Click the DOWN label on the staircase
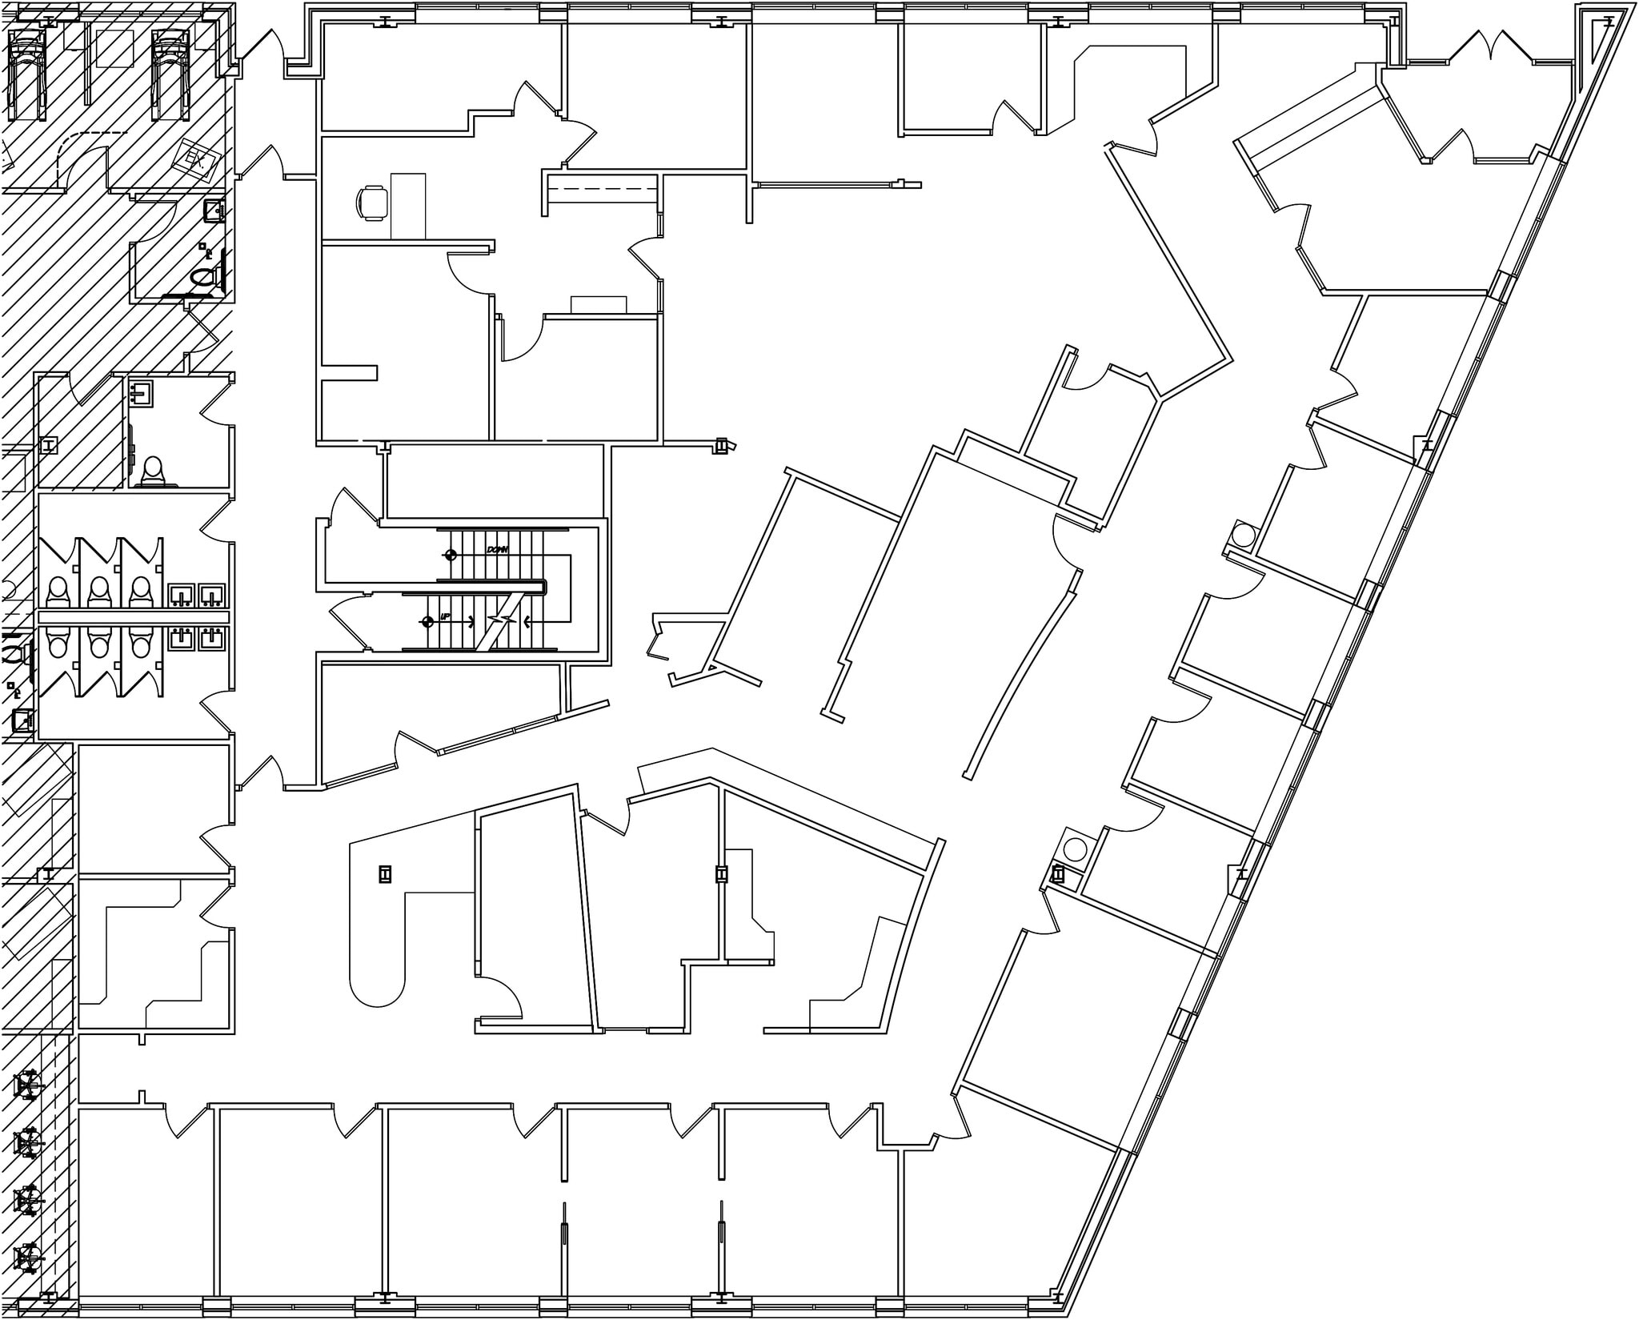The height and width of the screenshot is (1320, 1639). [x=498, y=551]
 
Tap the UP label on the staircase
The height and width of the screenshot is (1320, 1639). [x=444, y=619]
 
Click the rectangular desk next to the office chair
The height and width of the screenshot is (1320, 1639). [x=408, y=206]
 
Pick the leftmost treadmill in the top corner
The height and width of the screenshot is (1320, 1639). [x=28, y=74]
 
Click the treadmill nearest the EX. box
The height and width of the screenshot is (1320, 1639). [x=170, y=74]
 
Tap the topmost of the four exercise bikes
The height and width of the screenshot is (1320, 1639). [x=29, y=1086]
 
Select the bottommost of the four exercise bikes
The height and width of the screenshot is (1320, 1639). [x=29, y=1258]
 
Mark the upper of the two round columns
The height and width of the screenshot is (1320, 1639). [x=1244, y=532]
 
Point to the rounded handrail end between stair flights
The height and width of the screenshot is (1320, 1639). [x=543, y=587]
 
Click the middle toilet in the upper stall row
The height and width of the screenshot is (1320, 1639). [x=99, y=591]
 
